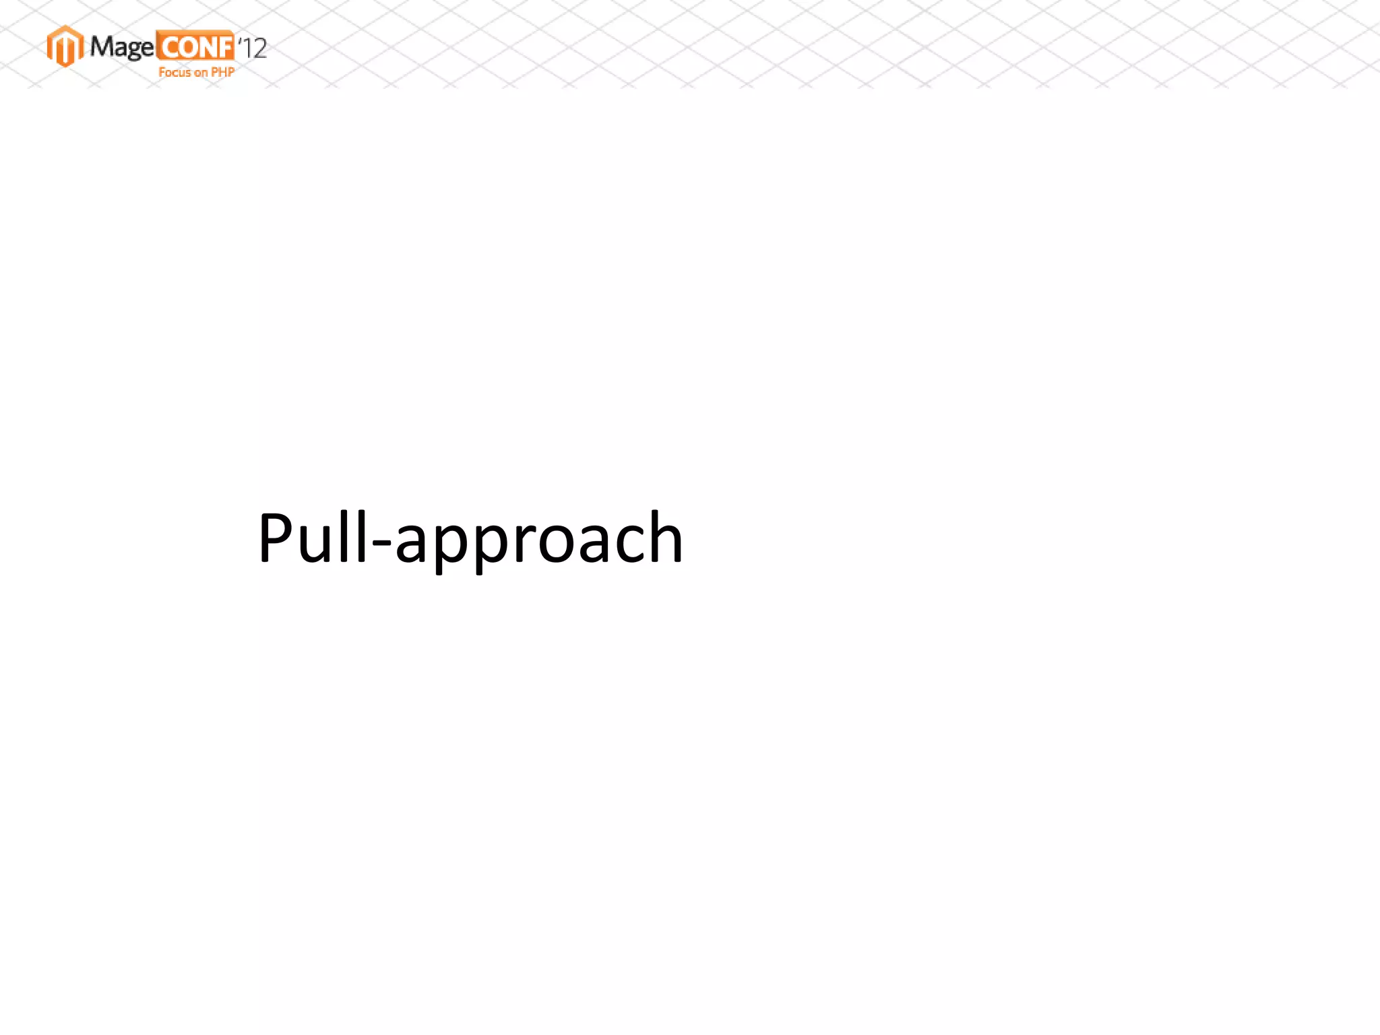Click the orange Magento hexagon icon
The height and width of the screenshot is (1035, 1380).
pyautogui.click(x=65, y=46)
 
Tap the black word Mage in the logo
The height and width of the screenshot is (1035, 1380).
pyautogui.click(x=121, y=47)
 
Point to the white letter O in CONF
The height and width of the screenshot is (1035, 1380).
pyautogui.click(x=187, y=48)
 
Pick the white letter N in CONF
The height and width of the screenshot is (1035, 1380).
pyautogui.click(x=206, y=48)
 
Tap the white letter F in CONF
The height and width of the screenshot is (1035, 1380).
pyautogui.click(x=224, y=48)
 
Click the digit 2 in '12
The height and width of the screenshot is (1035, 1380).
pyautogui.click(x=258, y=49)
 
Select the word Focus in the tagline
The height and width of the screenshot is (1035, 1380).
pyautogui.click(x=175, y=72)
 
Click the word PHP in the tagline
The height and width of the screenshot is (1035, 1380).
pyautogui.click(x=223, y=72)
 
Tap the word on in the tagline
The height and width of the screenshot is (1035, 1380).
pyautogui.click(x=201, y=73)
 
